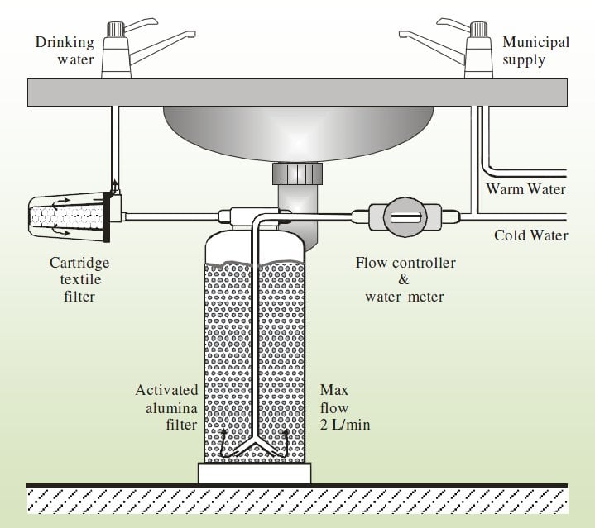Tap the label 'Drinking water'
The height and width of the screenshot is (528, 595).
click(x=64, y=49)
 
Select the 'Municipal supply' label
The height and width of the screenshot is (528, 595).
click(x=535, y=49)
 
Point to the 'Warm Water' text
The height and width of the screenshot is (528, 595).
click(x=525, y=189)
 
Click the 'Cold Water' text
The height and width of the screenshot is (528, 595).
click(x=530, y=235)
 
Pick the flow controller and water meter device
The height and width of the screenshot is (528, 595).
click(x=405, y=218)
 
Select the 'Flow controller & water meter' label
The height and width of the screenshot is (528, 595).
click(x=405, y=279)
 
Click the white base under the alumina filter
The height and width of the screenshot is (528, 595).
click(x=254, y=473)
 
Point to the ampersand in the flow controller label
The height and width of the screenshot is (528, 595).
click(x=404, y=279)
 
